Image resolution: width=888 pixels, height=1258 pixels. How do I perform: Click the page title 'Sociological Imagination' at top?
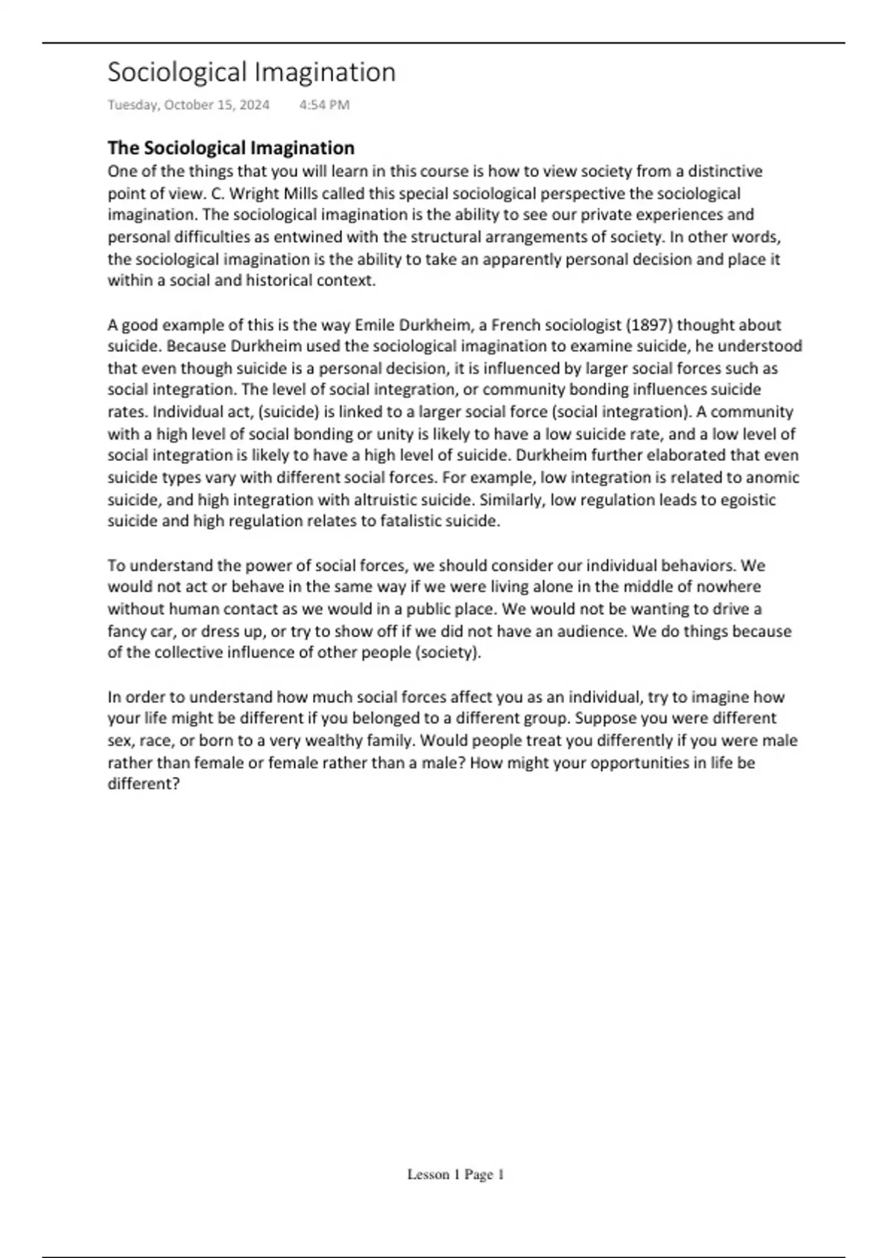pos(252,73)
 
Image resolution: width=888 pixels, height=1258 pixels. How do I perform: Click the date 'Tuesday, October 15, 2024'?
pos(189,105)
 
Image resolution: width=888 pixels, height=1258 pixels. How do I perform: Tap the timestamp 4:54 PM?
pos(324,105)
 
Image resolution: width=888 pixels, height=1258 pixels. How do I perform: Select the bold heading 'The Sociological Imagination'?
pos(231,147)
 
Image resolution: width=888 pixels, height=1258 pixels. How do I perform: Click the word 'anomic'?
pos(773,477)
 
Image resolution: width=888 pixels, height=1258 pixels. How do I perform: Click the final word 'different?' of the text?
pos(144,784)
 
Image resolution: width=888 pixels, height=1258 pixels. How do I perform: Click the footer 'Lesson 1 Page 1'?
pos(455,1174)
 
